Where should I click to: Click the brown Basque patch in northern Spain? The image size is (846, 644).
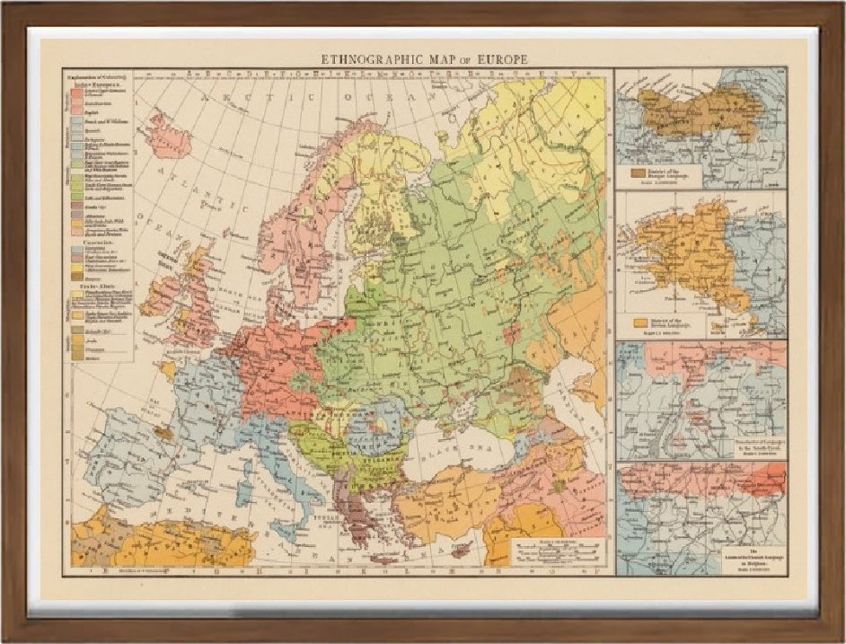pos(163,431)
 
